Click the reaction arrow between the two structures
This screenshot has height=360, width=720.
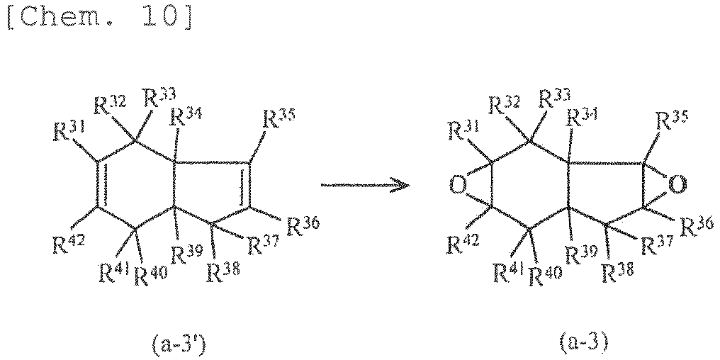click(365, 186)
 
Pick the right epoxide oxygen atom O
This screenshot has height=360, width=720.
click(677, 184)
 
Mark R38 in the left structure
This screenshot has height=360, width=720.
click(223, 275)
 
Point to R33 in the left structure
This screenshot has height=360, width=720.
click(160, 99)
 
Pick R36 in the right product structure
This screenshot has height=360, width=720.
click(697, 225)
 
